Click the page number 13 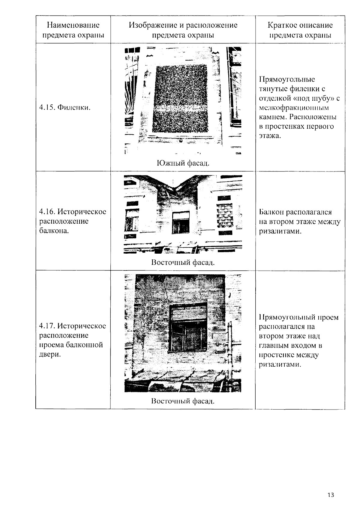pyautogui.click(x=331, y=495)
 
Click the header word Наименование pyautogui.click(x=73, y=25)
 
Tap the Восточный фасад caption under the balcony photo pyautogui.click(x=183, y=263)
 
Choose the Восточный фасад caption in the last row pyautogui.click(x=183, y=401)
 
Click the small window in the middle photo pyautogui.click(x=181, y=222)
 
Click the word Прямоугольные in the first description pyautogui.click(x=287, y=79)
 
